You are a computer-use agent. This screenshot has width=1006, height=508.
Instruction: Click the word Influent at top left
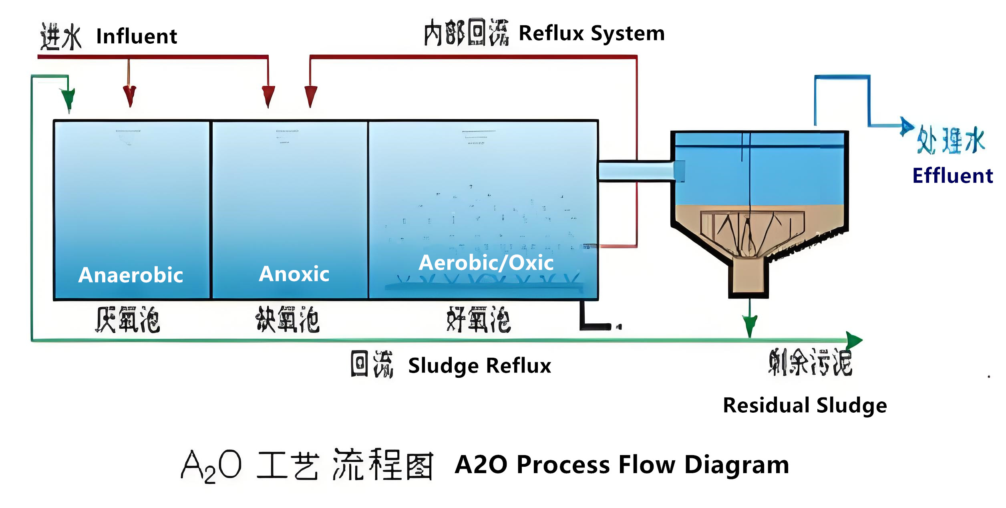pyautogui.click(x=137, y=36)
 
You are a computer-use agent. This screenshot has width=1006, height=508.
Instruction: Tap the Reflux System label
pyautogui.click(x=592, y=33)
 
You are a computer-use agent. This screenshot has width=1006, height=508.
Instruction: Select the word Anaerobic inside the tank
pyautogui.click(x=131, y=275)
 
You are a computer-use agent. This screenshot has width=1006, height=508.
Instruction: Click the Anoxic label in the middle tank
pyautogui.click(x=294, y=274)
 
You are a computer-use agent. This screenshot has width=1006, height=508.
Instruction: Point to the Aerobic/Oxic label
pyautogui.click(x=486, y=263)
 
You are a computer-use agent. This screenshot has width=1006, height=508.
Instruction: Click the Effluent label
pyautogui.click(x=952, y=175)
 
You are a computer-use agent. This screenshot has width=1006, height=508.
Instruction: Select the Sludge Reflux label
pyautogui.click(x=479, y=365)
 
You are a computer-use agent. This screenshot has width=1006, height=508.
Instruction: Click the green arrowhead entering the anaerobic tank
pyautogui.click(x=68, y=99)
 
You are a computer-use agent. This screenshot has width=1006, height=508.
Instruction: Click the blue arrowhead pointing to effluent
pyautogui.click(x=906, y=126)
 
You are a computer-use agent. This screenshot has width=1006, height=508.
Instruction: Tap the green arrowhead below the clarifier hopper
pyautogui.click(x=750, y=325)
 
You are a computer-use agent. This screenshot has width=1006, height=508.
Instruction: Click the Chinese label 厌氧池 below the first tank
pyautogui.click(x=127, y=320)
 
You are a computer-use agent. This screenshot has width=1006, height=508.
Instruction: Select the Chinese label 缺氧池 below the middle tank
pyautogui.click(x=288, y=320)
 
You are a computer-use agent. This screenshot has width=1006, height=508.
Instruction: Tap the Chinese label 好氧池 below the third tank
pyautogui.click(x=479, y=320)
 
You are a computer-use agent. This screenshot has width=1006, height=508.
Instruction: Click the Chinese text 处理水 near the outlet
pyautogui.click(x=951, y=140)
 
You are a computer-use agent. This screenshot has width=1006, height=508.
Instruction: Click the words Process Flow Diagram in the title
pyautogui.click(x=653, y=465)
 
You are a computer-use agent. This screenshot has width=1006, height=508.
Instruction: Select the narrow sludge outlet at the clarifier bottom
pyautogui.click(x=748, y=276)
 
